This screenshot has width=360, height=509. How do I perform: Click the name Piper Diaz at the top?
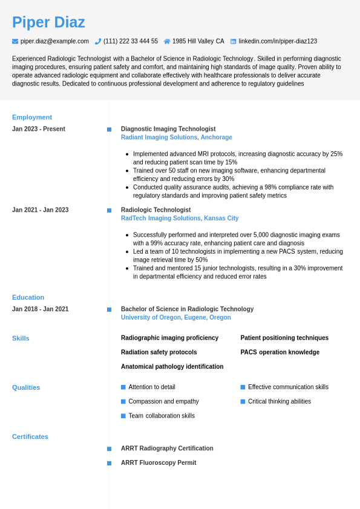48,22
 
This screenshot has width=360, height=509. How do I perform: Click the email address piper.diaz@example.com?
54,41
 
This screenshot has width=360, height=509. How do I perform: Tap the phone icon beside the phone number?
98,41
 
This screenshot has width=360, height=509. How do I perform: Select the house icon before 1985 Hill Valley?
167,41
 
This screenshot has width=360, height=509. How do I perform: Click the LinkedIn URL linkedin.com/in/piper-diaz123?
277,41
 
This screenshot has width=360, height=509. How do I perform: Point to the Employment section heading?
32,117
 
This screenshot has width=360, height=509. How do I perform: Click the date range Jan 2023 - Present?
39,129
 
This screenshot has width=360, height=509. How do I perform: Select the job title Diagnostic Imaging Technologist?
168,129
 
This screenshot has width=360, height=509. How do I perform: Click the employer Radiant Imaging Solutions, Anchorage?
176,137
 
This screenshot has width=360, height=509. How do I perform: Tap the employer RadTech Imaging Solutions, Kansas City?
180,218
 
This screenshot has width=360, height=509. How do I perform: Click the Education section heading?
28,297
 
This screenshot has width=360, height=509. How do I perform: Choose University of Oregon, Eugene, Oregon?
175,317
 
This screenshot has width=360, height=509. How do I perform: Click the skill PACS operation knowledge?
280,352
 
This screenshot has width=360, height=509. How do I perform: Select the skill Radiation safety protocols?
159,352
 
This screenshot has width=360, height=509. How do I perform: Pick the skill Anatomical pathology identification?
172,367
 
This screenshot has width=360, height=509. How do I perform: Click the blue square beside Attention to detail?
123,387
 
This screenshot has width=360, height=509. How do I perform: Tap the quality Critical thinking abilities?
279,401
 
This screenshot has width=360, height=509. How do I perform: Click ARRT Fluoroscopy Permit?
159,463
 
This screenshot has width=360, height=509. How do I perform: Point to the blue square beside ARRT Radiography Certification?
110,449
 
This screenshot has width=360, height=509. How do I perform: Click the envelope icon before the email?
15,41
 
